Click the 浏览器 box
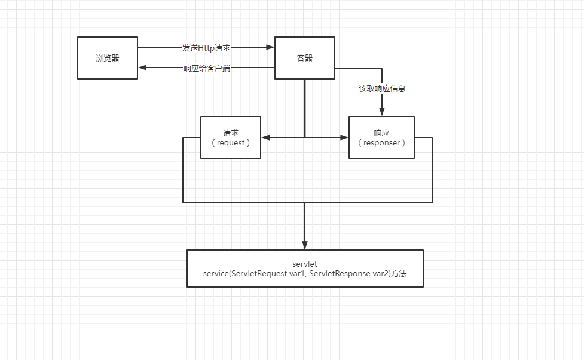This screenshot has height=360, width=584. coord(108,58)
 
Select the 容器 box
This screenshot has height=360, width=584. coord(305,58)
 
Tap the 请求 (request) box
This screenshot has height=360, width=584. coord(231,138)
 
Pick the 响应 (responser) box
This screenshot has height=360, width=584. coord(381,138)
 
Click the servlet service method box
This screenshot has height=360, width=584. coord(305,269)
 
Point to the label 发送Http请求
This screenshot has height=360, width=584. coord(206,47)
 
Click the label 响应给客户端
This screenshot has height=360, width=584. coord(207,68)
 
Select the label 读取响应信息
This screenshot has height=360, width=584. coord(382,89)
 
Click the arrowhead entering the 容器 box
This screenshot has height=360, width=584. coord(271,47)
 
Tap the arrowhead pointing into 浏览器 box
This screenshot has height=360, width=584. coord(142,68)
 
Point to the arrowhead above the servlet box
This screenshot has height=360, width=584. coord(305,246)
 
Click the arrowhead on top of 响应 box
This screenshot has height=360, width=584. coord(382,112)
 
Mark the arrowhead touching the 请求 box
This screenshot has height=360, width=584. coord(265,138)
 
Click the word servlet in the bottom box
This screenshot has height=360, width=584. coord(305,263)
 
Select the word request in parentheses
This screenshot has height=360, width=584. coord(231,143)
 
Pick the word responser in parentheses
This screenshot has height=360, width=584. coord(381,143)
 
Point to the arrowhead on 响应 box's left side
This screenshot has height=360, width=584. coord(345,138)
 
